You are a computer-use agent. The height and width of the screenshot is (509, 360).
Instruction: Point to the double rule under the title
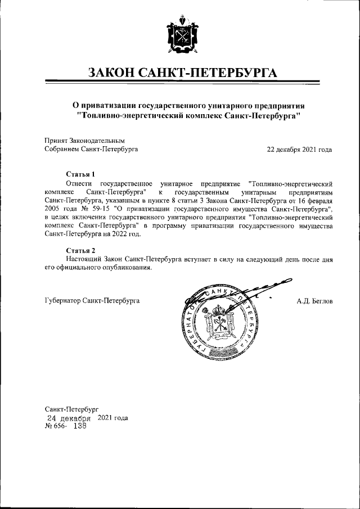[181, 84]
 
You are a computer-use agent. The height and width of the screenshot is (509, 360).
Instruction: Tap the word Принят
[56, 140]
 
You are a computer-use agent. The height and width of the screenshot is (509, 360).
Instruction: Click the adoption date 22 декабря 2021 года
[299, 149]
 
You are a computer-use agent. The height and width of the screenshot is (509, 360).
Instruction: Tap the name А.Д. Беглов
[314, 301]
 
